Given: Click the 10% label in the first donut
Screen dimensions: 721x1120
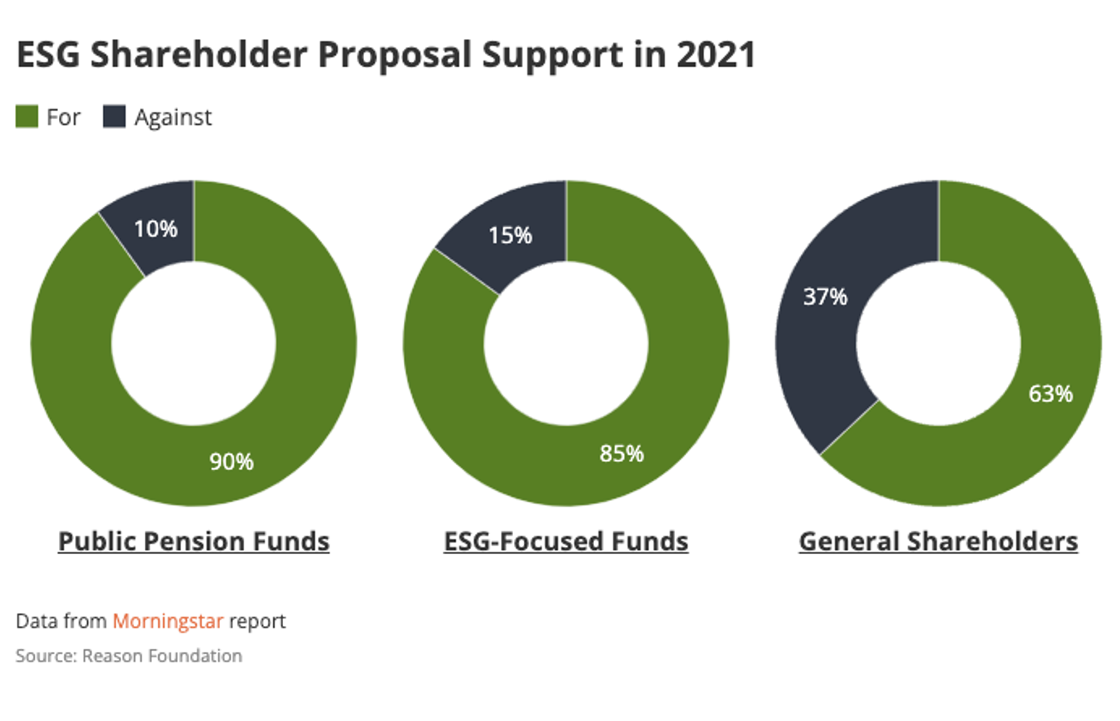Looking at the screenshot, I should coord(155,229).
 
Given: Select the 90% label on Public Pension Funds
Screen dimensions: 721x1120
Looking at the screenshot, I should coord(231,461).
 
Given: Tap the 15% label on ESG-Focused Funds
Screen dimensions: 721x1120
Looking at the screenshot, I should coord(510,235).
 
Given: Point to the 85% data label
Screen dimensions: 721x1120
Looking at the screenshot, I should coord(621,453).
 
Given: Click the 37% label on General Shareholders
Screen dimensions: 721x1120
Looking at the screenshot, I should coord(825,296).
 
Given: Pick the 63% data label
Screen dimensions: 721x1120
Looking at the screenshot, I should coord(1050,393).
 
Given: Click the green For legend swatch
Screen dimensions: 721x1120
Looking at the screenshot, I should coord(27,116).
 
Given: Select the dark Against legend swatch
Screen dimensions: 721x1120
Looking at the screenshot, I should coord(114,116).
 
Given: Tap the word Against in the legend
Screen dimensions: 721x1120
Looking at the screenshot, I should coord(173,117).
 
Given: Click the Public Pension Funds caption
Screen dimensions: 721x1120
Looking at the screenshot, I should coord(194,541).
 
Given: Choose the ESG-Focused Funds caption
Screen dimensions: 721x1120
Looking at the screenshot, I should coord(566,541).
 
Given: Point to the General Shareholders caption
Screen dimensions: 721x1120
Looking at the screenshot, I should coord(938,541).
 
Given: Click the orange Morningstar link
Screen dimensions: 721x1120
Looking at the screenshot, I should coord(168,621).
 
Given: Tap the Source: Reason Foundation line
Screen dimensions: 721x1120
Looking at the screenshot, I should coord(128,656).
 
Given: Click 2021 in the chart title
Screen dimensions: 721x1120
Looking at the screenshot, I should coord(716,55).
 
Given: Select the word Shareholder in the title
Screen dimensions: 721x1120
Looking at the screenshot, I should coord(199,55).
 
